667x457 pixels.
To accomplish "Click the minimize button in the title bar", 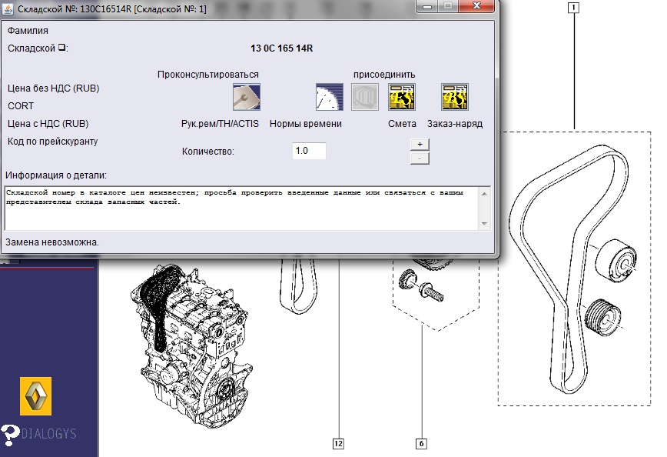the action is coord(427,6).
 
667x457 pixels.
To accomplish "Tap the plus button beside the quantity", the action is coord(420,145).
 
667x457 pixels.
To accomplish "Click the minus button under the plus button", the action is coord(420,158).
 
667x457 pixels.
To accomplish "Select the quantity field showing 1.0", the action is coord(309,151).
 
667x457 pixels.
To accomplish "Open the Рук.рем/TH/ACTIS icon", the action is coord(247,97).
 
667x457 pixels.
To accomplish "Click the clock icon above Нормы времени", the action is coord(329,97).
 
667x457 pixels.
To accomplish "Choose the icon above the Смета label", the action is coord(402,97).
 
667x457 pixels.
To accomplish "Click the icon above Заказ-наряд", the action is coord(455,97).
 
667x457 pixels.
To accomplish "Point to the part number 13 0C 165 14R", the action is coord(281,48).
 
